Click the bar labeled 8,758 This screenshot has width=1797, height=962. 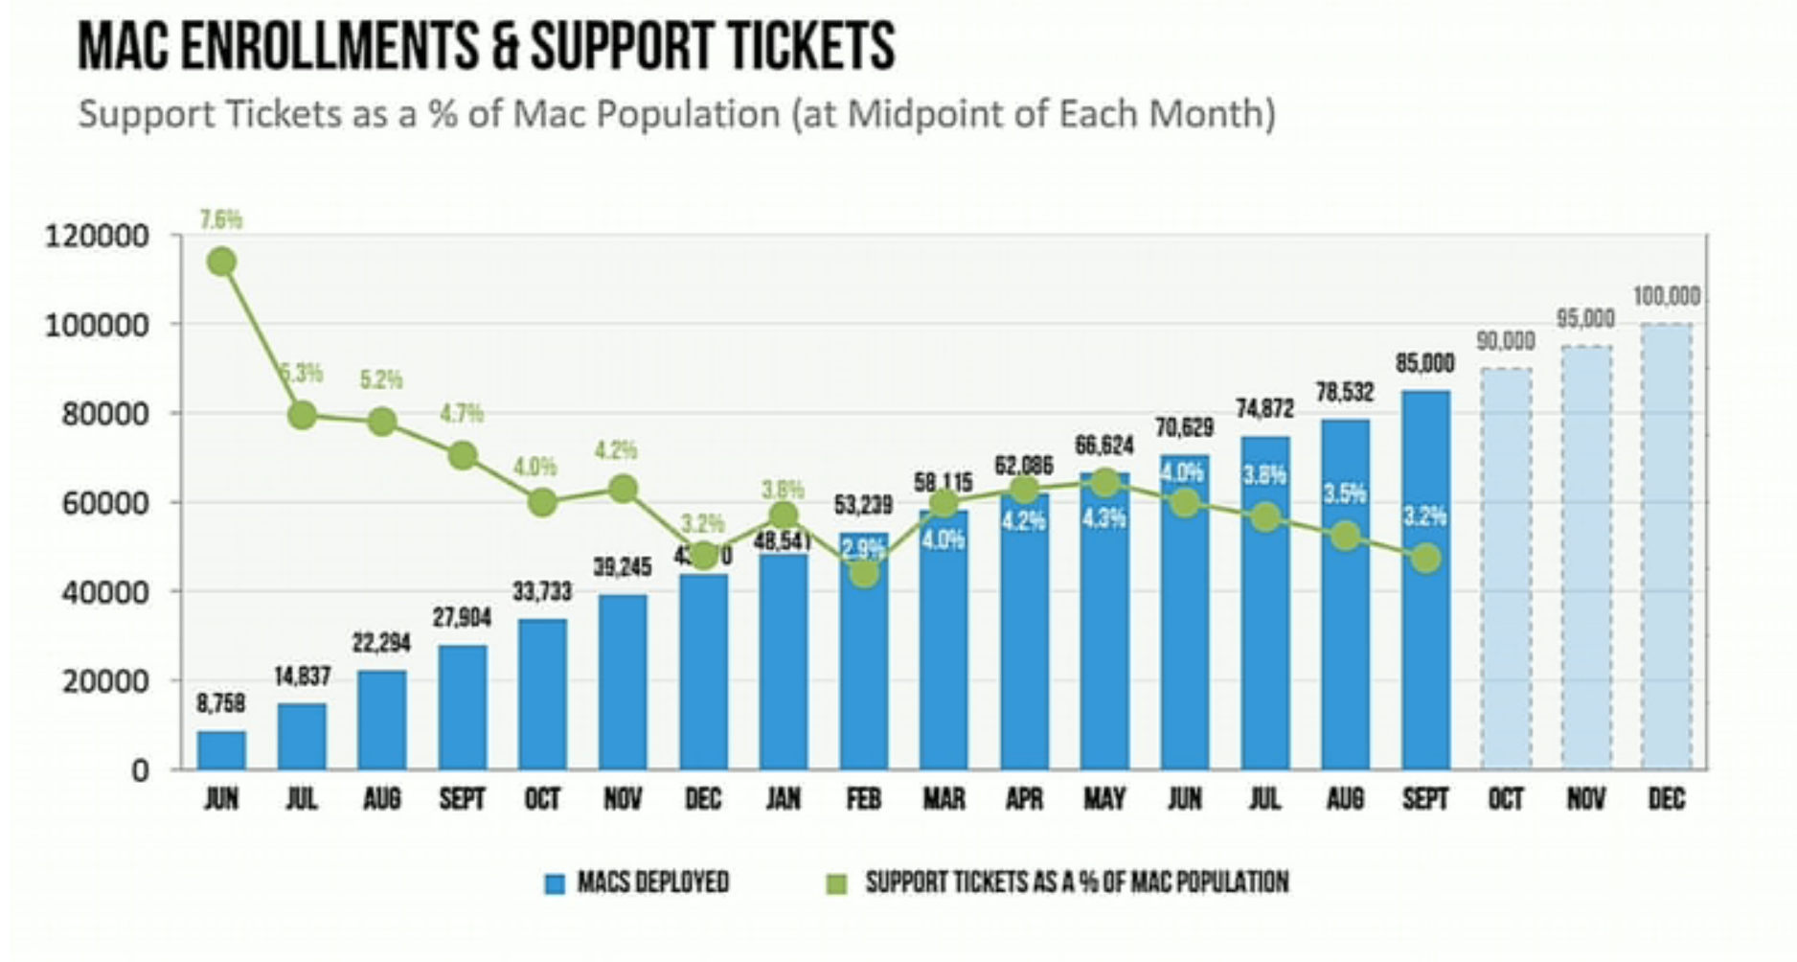(221, 750)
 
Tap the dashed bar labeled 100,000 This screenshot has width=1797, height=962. (1666, 546)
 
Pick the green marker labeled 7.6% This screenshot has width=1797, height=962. (221, 262)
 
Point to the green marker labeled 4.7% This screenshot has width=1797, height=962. (463, 455)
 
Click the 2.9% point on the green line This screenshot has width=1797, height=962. (864, 573)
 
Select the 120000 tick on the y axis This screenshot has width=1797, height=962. (97, 236)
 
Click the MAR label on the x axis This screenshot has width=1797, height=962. (944, 799)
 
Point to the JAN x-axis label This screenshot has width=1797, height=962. (783, 799)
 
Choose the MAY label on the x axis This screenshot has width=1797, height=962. (1103, 799)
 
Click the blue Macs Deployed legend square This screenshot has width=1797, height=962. (555, 883)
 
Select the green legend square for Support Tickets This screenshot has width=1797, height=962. (837, 883)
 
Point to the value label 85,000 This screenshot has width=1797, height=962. (1424, 364)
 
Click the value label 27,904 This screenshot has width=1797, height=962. (462, 618)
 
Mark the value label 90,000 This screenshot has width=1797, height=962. (1505, 341)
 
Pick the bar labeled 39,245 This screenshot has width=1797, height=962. (623, 682)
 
